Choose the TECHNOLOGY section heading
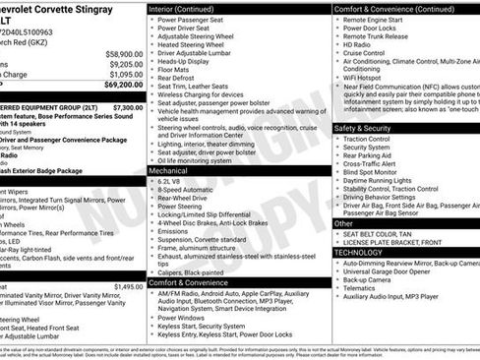click(x=360, y=252)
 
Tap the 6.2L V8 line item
click(x=172, y=181)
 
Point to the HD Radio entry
click(x=359, y=44)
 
